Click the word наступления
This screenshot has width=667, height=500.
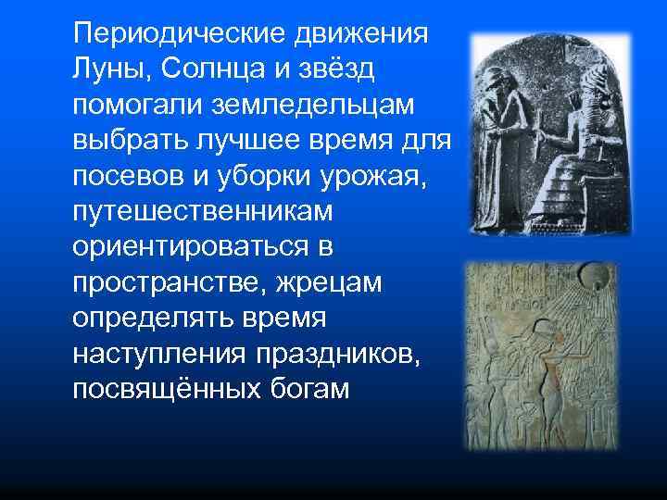point(153,353)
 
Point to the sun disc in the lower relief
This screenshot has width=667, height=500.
point(591,275)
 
